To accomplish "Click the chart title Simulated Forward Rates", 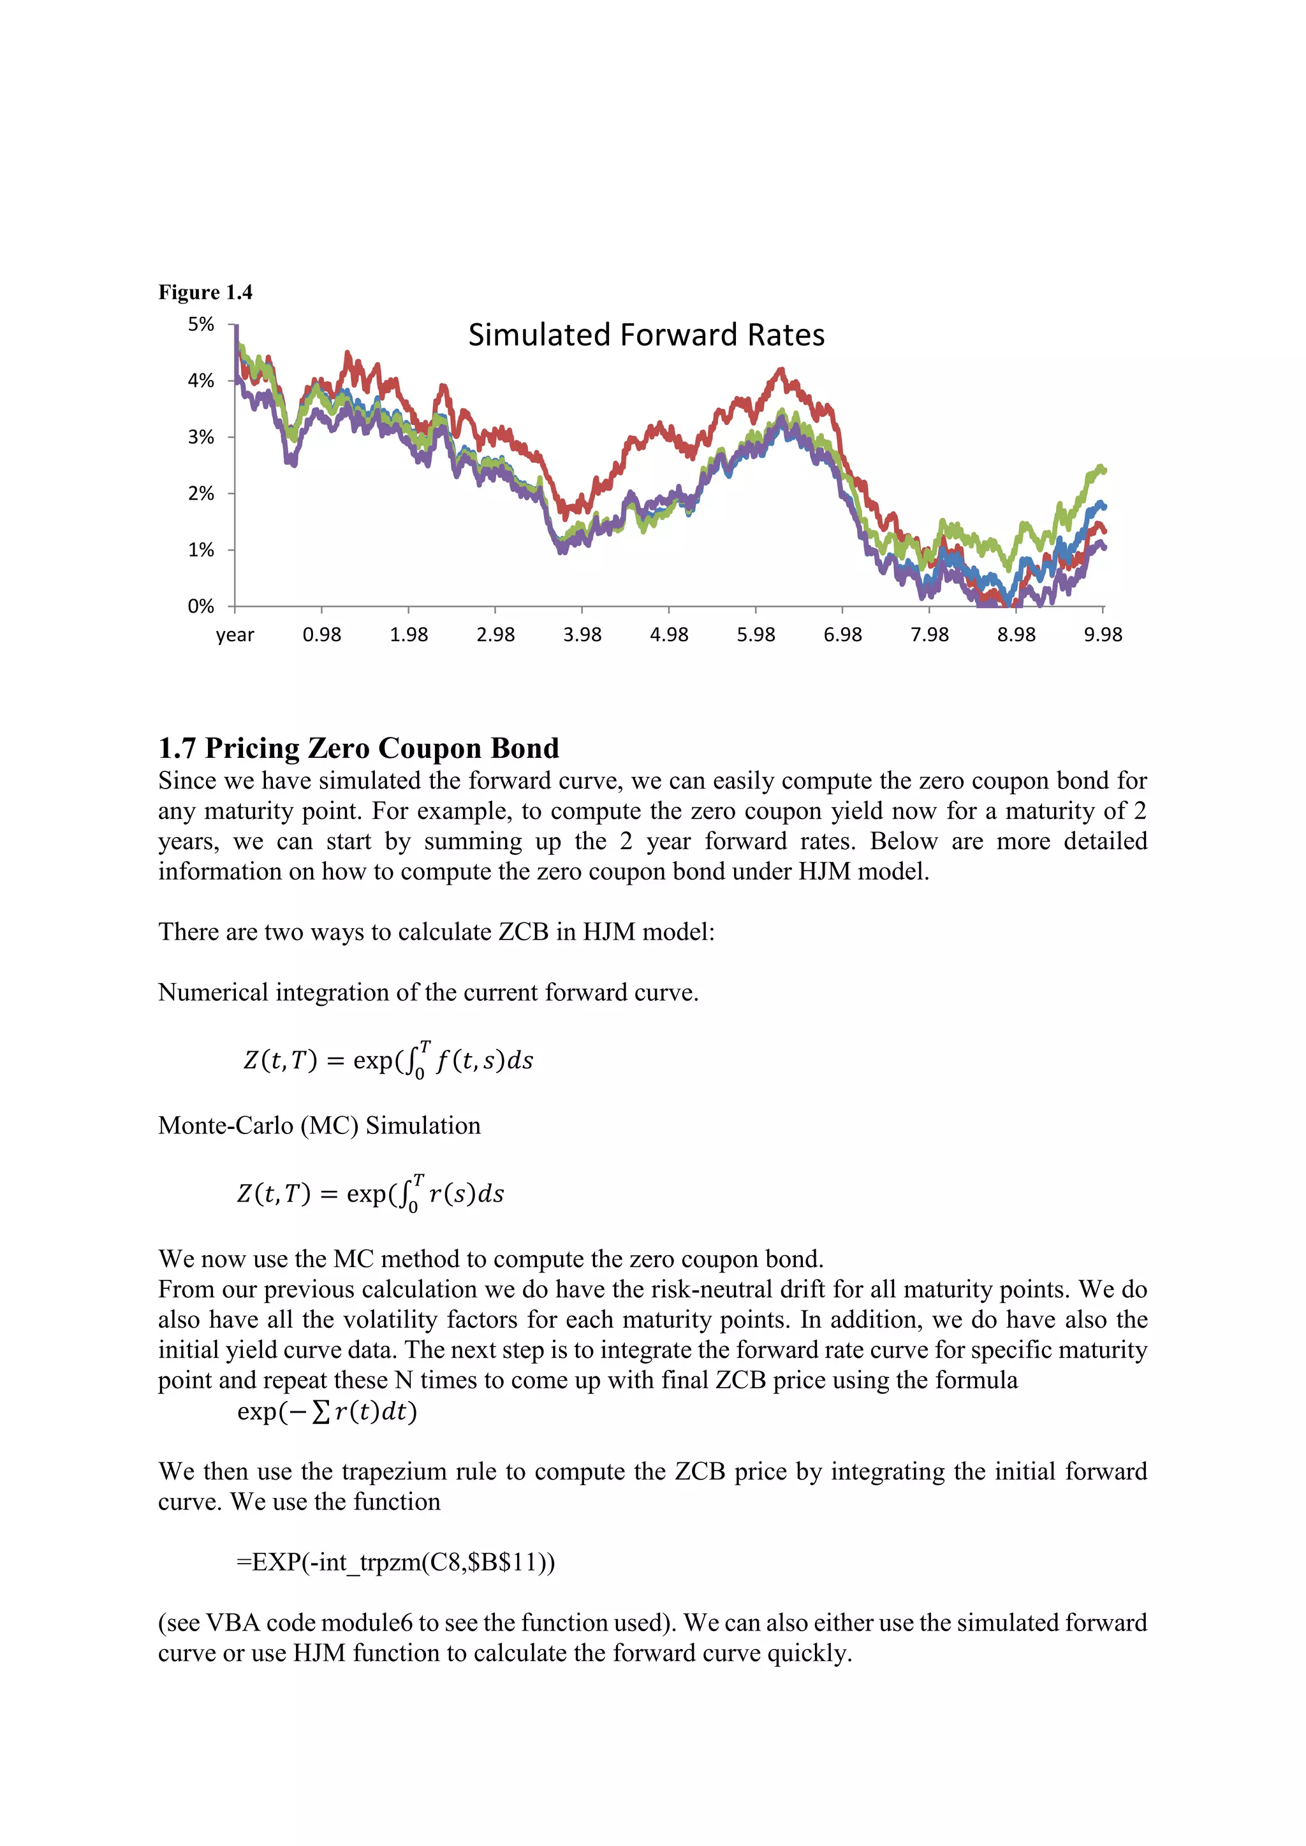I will [646, 335].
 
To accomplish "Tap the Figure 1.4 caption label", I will [205, 292].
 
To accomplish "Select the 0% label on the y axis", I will [201, 606].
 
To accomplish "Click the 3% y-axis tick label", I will [201, 437].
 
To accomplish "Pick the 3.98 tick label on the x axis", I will [582, 634].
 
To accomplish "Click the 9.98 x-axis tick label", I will [1103, 634].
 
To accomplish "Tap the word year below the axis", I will [235, 635].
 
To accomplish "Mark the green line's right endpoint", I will [1103, 470].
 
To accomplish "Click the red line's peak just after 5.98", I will [780, 370].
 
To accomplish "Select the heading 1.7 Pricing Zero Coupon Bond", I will [358, 748].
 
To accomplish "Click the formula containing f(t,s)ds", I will [388, 1059].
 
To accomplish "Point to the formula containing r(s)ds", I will [371, 1193].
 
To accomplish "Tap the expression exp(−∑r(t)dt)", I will [326, 1412].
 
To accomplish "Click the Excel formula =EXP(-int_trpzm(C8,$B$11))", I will [395, 1562].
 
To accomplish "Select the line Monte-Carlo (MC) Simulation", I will [319, 1126].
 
